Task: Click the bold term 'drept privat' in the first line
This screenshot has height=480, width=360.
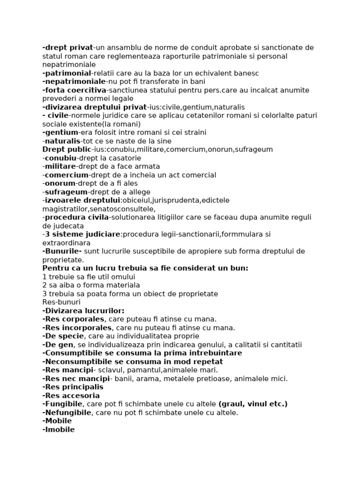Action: point(68,48)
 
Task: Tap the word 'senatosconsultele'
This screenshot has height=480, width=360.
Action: point(123,209)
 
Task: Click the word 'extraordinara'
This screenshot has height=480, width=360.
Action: point(66,243)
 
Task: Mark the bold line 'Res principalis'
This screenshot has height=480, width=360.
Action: point(73,387)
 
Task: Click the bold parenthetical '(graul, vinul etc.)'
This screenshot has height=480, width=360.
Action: point(253,404)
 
